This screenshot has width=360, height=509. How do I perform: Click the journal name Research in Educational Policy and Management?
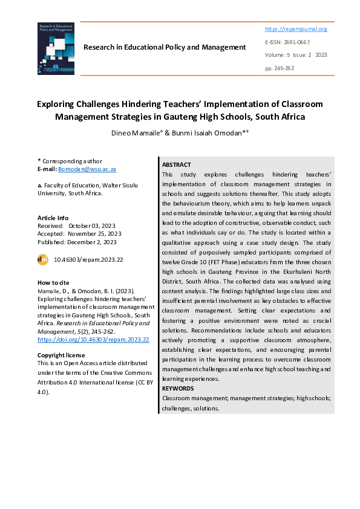pyautogui.click(x=165, y=47)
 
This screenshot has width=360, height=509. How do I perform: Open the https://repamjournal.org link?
pyautogui.click(x=296, y=29)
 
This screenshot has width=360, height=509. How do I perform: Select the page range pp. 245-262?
pyautogui.click(x=280, y=68)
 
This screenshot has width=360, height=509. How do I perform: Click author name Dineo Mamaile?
pyautogui.click(x=137, y=133)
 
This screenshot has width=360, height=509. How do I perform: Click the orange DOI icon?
pyautogui.click(x=43, y=259)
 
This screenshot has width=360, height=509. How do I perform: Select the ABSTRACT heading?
pyautogui.click(x=177, y=164)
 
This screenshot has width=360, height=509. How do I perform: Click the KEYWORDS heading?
pyautogui.click(x=178, y=388)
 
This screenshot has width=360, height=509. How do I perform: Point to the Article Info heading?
pyautogui.click(x=53, y=218)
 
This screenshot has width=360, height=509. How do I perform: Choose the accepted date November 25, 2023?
pyautogui.click(x=94, y=234)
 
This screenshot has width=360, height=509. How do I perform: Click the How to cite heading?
pyautogui.click(x=53, y=283)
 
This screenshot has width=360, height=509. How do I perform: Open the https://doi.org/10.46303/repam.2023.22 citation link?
pyautogui.click(x=93, y=339)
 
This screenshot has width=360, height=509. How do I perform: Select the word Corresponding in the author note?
pyautogui.click(x=64, y=161)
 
